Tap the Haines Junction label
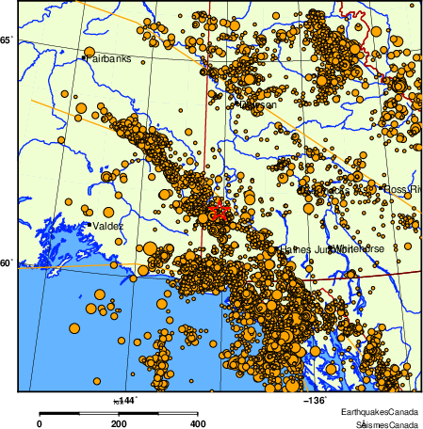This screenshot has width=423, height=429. pyautogui.click(x=308, y=248)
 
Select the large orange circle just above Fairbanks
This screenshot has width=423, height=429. pyautogui.click(x=89, y=53)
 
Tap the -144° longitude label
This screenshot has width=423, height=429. pyautogui.click(x=125, y=400)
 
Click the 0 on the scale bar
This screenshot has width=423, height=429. pyautogui.click(x=39, y=423)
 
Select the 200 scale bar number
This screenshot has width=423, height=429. pyautogui.click(x=119, y=423)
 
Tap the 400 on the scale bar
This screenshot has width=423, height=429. pyautogui.click(x=198, y=423)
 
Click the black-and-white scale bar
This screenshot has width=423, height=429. pyautogui.click(x=118, y=412)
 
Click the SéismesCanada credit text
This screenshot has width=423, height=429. pyautogui.click(x=381, y=423)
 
